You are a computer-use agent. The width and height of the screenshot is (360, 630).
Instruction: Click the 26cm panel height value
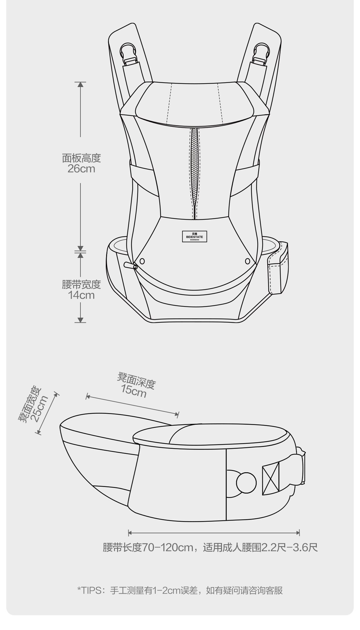click(81, 169)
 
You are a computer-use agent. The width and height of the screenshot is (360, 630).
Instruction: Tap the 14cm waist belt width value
click(81, 295)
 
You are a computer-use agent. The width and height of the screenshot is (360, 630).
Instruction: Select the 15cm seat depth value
click(134, 391)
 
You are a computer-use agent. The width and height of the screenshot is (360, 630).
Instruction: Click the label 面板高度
click(81, 158)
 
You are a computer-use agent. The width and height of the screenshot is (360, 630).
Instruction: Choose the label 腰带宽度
click(81, 284)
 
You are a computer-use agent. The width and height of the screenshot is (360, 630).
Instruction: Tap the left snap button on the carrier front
click(142, 261)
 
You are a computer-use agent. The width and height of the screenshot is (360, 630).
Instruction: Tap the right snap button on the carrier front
click(247, 261)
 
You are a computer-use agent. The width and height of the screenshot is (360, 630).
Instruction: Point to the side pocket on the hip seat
click(278, 269)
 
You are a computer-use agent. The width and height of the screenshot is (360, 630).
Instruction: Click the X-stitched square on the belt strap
click(270, 478)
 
